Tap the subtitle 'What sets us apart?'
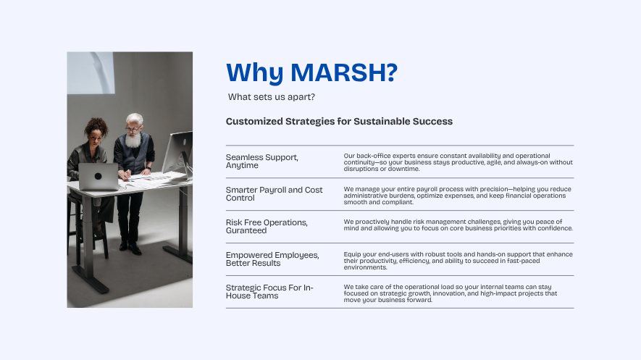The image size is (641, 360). (x=272, y=97)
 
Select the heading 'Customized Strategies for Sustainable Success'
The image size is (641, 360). (x=339, y=122)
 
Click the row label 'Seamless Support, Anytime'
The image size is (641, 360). (x=262, y=161)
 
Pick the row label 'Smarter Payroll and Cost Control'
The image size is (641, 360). (x=275, y=193)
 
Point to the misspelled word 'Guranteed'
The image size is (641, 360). (x=246, y=230)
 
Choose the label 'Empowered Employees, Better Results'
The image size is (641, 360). (x=272, y=259)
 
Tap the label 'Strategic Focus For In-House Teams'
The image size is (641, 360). (x=270, y=292)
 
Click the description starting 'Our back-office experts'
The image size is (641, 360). (x=458, y=162)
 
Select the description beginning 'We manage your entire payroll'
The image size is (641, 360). (x=458, y=196)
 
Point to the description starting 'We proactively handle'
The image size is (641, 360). (x=458, y=225)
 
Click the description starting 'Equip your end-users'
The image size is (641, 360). (x=458, y=261)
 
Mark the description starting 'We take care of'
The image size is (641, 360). (x=450, y=293)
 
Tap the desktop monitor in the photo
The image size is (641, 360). (x=178, y=154)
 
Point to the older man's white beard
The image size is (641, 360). (x=133, y=141)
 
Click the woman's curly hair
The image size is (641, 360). (x=96, y=126)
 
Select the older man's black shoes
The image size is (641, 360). (x=130, y=247)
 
